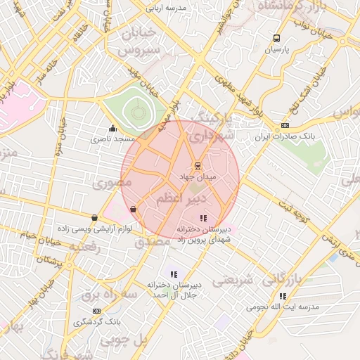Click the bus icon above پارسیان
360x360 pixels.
coord(276,39)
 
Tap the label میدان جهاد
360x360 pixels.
coord(198,177)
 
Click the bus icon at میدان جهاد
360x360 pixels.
coord(198,166)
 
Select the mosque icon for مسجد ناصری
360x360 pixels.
coord(112,129)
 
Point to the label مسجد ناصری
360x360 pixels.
coord(112,140)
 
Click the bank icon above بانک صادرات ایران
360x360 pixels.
coord(284,125)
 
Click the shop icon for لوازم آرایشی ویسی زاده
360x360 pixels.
coord(94,217)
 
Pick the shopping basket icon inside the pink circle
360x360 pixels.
coord(134,209)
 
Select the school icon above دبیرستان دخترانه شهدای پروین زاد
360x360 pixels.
coord(203,218)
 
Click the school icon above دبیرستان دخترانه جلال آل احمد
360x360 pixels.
coord(174,274)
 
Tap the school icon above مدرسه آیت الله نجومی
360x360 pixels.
coord(283,296)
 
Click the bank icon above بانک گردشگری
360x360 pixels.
coord(96,311)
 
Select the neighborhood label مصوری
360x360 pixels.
coord(112,183)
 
